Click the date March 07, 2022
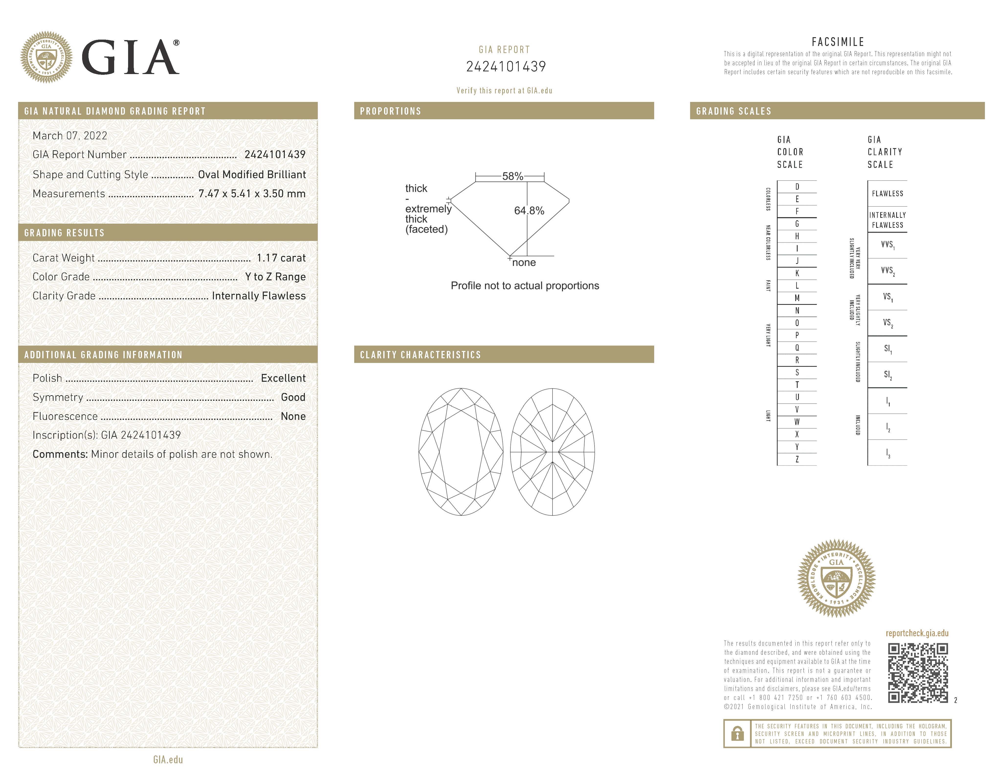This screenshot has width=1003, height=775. click(70, 136)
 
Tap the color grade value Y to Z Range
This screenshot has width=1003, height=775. click(275, 277)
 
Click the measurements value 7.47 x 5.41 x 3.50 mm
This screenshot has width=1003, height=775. click(252, 194)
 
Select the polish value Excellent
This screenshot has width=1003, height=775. click(283, 378)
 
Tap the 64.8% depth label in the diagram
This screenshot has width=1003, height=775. click(529, 211)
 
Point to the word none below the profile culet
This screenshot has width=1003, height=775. click(524, 263)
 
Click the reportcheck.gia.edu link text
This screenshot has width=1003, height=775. click(917, 633)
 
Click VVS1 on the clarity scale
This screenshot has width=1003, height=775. click(887, 245)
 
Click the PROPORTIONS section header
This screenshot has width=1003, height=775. click(390, 111)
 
